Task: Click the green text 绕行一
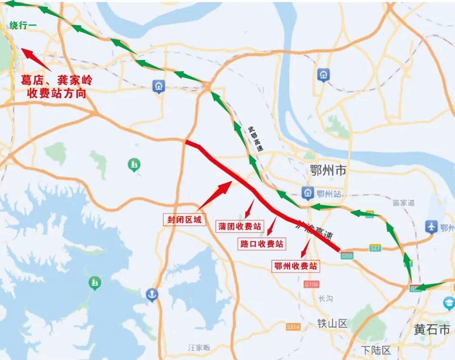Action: click(23, 26)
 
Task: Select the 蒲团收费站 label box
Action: click(239, 226)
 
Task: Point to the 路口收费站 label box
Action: click(262, 244)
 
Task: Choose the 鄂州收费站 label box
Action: click(295, 266)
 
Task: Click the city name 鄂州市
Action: click(328, 170)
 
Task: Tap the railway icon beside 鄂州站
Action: click(308, 193)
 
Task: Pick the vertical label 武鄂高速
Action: click(255, 139)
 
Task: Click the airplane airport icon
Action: click(431, 227)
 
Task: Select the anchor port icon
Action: click(152, 294)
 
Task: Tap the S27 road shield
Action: click(375, 248)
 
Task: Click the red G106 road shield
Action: click(311, 285)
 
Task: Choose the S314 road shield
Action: click(293, 327)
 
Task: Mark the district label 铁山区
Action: click(332, 323)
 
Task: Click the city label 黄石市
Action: click(432, 329)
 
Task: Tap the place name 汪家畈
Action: click(199, 348)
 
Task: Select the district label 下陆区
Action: click(376, 350)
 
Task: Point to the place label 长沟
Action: click(325, 298)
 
